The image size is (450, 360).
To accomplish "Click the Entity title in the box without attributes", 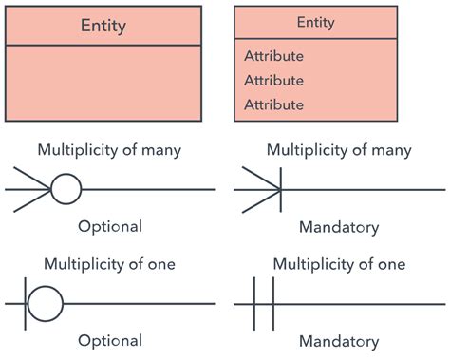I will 103,26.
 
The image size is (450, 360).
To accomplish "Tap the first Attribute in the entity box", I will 273,56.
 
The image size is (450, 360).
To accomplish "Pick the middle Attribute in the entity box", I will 273,80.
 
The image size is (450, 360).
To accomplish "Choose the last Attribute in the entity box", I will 273,104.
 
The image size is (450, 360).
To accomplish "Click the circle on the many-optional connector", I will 65,190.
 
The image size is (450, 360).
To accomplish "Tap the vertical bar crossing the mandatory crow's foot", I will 282,190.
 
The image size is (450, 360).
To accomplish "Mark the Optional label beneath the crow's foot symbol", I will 110,226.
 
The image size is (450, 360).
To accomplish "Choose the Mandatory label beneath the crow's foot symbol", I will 339,227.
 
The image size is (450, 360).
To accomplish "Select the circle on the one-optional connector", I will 44,304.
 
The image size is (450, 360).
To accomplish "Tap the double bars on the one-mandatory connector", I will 265,304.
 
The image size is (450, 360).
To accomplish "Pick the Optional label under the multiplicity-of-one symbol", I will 110,340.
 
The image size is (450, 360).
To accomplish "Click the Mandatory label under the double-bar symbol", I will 339,341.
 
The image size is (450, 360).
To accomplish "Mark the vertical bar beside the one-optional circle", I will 22,304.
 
